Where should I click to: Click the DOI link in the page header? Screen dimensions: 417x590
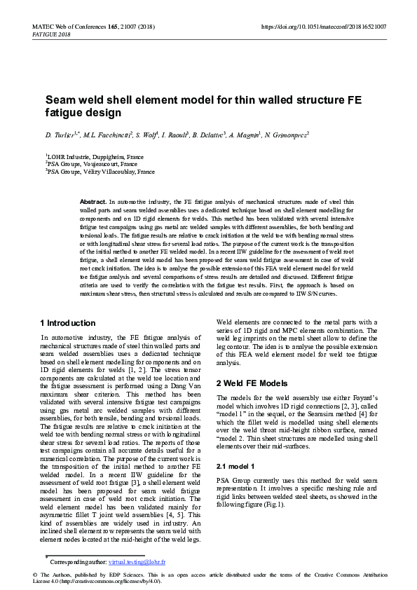click(x=323, y=27)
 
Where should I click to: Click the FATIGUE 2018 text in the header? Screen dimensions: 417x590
click(x=51, y=34)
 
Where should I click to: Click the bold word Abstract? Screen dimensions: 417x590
click(x=93, y=201)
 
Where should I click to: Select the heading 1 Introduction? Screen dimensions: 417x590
click(x=67, y=323)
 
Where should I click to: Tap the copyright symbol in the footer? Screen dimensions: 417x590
click(x=35, y=575)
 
